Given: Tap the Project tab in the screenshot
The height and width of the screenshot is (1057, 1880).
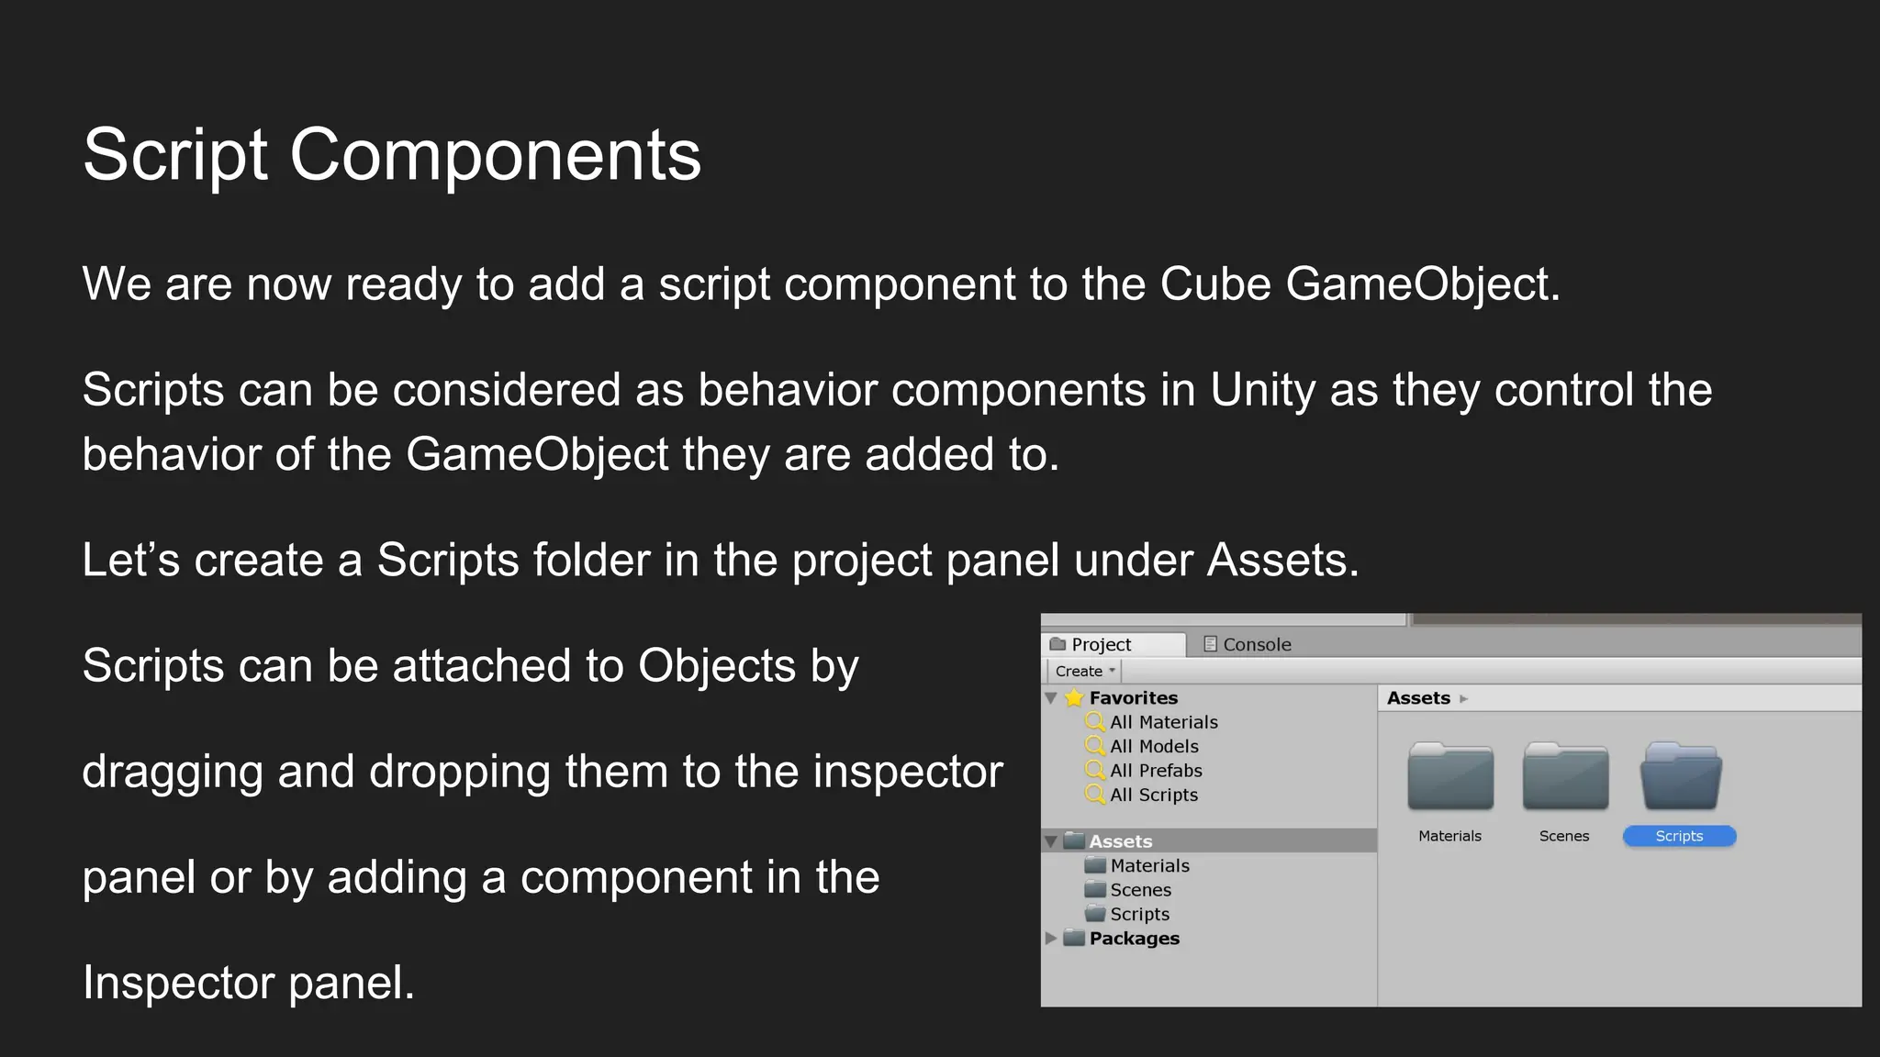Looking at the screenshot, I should (1100, 644).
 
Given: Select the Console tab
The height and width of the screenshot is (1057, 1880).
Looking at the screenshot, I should (1256, 644).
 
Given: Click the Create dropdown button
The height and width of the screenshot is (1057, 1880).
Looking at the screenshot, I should (1084, 671).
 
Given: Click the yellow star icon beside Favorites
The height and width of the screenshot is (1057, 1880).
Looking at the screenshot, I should (1074, 698).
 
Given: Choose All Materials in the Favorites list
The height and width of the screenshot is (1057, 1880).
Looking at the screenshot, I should (1163, 722).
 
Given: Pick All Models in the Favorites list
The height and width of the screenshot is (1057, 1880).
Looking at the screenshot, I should (1154, 747).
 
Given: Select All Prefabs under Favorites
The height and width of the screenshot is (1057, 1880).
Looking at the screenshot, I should (1156, 771).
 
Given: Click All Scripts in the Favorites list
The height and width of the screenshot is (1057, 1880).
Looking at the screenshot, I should (1154, 795).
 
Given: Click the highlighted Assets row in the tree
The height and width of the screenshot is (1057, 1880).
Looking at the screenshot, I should (1120, 841).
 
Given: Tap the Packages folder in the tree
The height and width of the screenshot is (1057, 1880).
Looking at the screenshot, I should (1134, 939).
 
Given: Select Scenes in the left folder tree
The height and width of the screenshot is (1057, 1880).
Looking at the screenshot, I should (1140, 890).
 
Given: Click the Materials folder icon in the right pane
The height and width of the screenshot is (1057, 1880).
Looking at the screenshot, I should (1450, 778).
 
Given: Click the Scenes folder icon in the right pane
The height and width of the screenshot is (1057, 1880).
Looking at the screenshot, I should (1565, 778).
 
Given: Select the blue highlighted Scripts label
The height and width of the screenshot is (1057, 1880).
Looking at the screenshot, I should (1679, 836).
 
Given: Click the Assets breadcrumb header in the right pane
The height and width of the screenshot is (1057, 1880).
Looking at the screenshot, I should (1418, 698).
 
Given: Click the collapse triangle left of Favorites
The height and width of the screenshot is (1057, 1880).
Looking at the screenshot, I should (1051, 698).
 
